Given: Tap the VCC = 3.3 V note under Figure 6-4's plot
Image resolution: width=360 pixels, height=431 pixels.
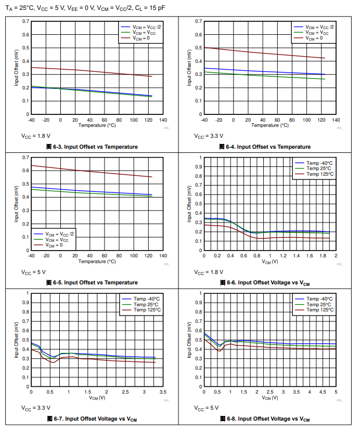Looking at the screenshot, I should click(209, 136).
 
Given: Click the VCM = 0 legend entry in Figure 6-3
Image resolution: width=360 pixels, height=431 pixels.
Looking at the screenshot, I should click(144, 38).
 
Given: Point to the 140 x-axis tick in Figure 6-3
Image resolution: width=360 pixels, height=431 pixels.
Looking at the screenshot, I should click(163, 120).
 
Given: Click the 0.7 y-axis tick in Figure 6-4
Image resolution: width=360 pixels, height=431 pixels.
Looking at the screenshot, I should click(198, 21).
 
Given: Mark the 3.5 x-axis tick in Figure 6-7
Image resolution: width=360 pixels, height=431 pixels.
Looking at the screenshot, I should click(163, 391).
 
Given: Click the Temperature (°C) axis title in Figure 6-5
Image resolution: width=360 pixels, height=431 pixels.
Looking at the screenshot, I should click(97, 261).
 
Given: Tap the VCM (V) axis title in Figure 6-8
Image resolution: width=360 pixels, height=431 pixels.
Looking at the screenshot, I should click(269, 398).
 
